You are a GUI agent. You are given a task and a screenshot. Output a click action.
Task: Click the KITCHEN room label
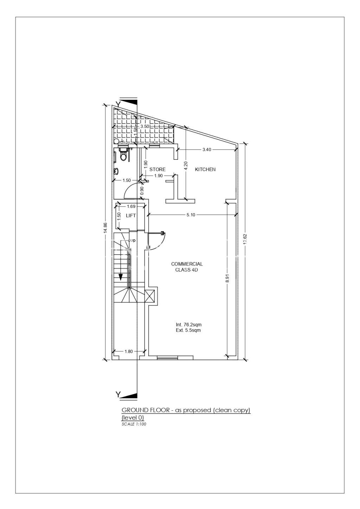pyautogui.click(x=205, y=169)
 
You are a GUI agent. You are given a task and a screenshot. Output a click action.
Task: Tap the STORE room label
pyautogui.click(x=157, y=169)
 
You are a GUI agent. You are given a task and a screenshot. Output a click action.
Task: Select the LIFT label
pyautogui.click(x=131, y=216)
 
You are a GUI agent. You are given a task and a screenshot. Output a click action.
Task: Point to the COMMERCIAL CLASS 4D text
pyautogui.click(x=187, y=267)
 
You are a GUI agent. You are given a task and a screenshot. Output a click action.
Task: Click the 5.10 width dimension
pyautogui.click(x=191, y=215)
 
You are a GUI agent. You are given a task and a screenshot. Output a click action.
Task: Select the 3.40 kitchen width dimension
pyautogui.click(x=207, y=150)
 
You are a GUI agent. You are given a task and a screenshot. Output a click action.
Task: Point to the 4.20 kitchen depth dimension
pyautogui.click(x=186, y=165)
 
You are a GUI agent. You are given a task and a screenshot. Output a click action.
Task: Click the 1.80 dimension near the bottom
pyautogui.click(x=129, y=351)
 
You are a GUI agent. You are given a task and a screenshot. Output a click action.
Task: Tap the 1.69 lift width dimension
pyautogui.click(x=131, y=206)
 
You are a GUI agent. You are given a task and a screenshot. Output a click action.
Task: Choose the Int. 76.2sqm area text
pyautogui.click(x=188, y=325)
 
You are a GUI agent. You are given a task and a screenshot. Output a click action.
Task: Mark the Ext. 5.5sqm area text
pyautogui.click(x=188, y=330)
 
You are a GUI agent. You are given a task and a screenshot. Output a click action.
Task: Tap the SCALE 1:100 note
pyautogui.click(x=134, y=424)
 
